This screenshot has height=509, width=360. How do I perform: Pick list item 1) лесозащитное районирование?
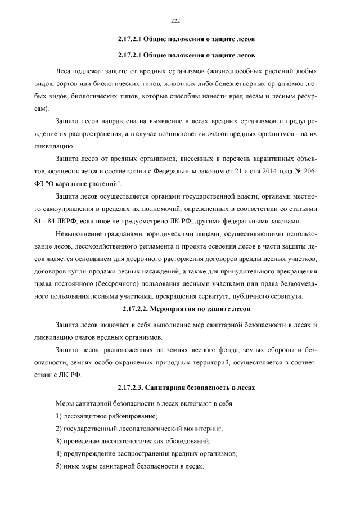tap(106, 416)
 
